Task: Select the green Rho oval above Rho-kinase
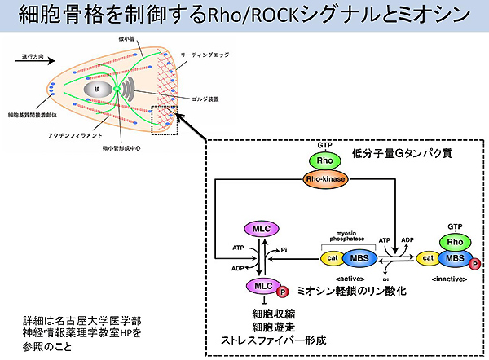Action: click(x=325, y=160)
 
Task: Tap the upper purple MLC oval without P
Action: click(x=262, y=230)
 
